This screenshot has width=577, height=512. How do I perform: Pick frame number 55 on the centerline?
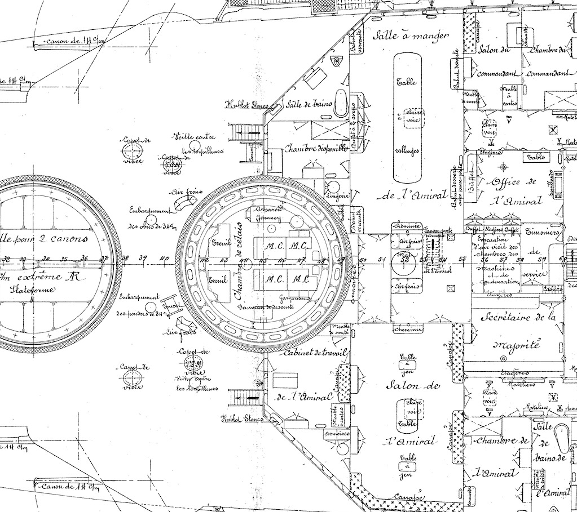tap(463, 259)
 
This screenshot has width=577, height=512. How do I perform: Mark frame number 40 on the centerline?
tap(165, 259)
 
